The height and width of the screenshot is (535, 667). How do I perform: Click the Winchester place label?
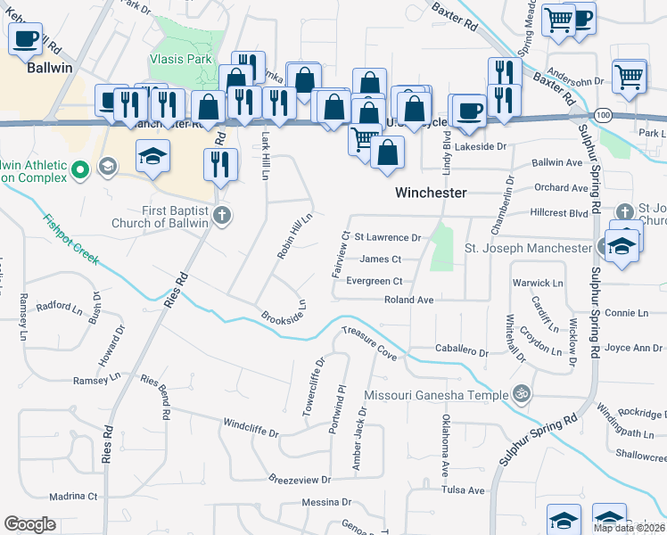pos(431,193)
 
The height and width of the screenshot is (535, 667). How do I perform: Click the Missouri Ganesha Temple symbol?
pos(521,393)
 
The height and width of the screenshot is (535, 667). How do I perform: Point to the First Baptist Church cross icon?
pos(222,215)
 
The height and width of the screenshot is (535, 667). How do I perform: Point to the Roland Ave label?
pos(408,300)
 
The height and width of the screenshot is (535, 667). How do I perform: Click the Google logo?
pos(29,524)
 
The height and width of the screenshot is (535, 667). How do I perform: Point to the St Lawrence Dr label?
pos(387,238)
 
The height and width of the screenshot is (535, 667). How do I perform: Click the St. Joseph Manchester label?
pos(526,247)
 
